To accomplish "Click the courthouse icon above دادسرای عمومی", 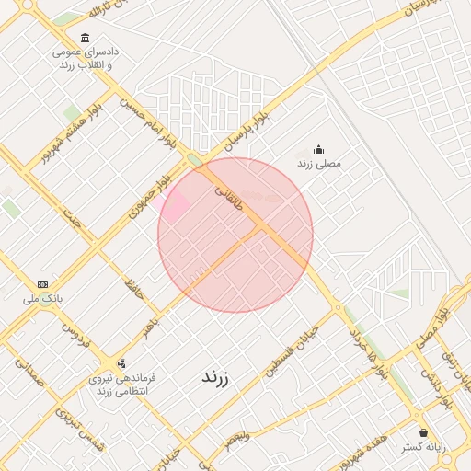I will [x=86, y=38].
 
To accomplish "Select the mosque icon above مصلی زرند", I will [x=319, y=149].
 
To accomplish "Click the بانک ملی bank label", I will [x=43, y=298].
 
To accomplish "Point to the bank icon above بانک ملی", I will [x=42, y=284].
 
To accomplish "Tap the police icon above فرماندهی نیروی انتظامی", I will [x=122, y=362].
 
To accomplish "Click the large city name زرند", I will [x=213, y=377].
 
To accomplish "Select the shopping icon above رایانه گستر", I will [x=422, y=432].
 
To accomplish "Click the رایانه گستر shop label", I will [x=422, y=447].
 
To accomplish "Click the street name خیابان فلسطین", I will [x=293, y=352].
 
